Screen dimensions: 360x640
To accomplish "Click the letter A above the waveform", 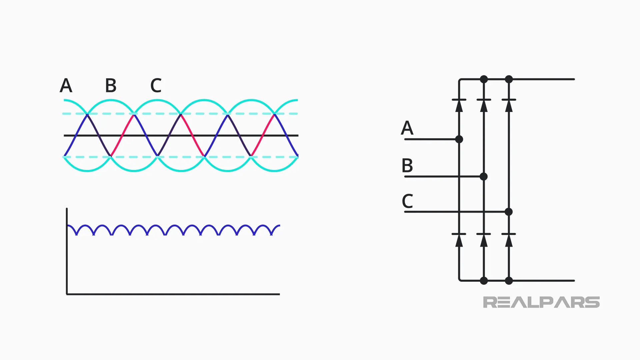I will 66,86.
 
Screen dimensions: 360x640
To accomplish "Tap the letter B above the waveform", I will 111,86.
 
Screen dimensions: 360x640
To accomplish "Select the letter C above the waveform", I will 156,86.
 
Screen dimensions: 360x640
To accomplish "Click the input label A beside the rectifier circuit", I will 407,128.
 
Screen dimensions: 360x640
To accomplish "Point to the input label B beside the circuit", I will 407,166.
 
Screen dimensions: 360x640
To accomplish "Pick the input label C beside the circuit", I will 407,201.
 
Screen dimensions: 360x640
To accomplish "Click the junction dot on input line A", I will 459,139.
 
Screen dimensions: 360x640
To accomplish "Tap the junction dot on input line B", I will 484,177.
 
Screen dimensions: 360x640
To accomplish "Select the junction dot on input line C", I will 508,212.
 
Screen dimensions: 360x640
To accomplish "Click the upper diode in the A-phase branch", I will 459,105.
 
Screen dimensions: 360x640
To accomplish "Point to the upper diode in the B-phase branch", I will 484,105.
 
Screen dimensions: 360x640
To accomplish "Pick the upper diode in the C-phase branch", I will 509,105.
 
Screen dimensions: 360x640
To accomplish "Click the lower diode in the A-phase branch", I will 459,239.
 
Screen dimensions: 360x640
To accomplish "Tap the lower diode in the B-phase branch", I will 484,239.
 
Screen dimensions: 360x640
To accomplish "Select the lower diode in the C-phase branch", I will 509,239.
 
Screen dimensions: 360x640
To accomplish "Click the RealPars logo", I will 541,302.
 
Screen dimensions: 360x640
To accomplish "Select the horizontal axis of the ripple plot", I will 173,294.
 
